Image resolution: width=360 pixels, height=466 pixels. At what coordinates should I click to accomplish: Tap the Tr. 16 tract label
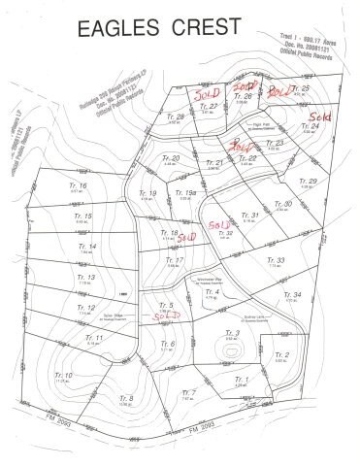point(79,185)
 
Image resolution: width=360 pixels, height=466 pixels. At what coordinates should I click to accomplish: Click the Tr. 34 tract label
point(294,295)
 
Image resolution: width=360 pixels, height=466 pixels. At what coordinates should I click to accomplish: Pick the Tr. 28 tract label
point(176,116)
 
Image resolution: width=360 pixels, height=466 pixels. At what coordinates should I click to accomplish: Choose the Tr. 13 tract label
point(84,277)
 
